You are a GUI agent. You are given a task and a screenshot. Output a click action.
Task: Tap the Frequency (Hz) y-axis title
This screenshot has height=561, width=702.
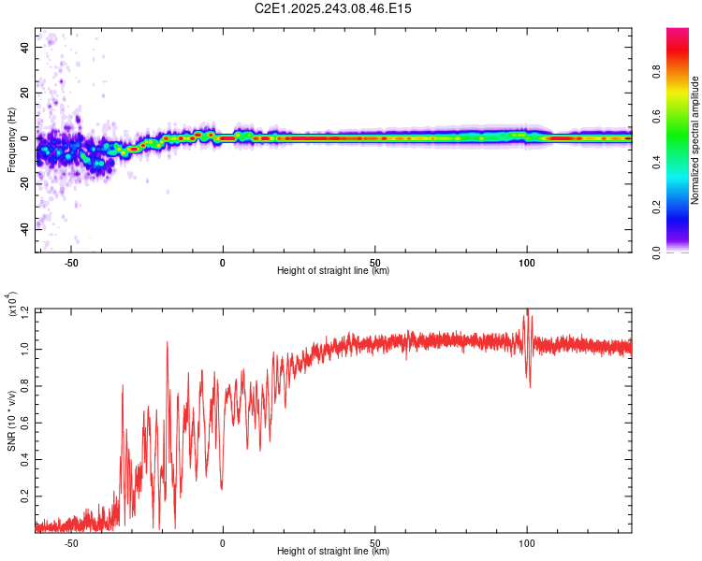11,139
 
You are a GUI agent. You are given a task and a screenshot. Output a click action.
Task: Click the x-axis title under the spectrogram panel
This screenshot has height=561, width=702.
333,271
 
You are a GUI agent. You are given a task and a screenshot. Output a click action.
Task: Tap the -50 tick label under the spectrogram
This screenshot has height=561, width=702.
70,262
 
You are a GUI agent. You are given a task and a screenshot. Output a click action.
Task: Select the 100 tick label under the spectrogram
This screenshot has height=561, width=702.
527,262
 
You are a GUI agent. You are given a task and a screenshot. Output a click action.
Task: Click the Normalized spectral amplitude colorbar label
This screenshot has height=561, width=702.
695,140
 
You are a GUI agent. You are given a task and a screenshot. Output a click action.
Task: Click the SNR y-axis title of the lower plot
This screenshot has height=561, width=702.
11,420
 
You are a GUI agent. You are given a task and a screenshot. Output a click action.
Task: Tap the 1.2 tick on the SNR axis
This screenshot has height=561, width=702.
24,309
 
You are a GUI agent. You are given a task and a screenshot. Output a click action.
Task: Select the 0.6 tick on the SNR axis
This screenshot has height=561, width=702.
24,424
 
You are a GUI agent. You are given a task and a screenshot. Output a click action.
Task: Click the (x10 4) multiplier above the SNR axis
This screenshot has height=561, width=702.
12,305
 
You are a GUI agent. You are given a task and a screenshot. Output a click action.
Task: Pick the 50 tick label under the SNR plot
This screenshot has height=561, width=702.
374,542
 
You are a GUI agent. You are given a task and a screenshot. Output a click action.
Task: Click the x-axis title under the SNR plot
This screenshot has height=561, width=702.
333,552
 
